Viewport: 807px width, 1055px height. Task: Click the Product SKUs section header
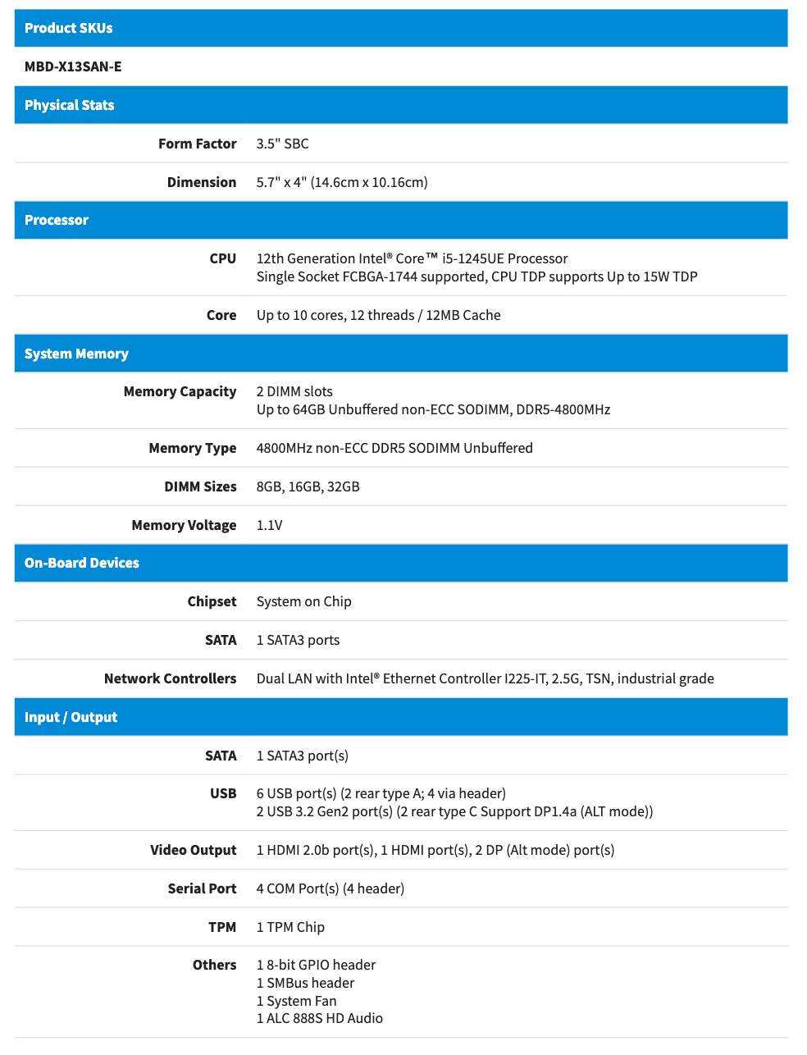tap(69, 28)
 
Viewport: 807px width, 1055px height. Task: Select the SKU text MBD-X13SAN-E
tap(73, 66)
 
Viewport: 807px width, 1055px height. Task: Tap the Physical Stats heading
tap(70, 105)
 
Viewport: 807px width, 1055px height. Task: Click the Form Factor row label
tap(197, 144)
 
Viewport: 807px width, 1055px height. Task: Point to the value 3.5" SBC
tap(282, 144)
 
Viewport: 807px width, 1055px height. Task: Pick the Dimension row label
tap(201, 182)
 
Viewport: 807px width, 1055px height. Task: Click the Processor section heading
tap(57, 220)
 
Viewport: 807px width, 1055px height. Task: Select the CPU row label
tap(222, 258)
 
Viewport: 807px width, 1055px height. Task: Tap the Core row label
tap(221, 315)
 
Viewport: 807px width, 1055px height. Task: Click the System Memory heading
tap(76, 354)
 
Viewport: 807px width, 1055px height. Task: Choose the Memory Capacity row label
tap(180, 391)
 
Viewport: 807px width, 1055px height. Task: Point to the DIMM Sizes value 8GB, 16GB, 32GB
tap(308, 486)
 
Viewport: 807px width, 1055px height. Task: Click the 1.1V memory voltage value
tap(269, 525)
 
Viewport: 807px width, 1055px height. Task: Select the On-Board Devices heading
tap(82, 563)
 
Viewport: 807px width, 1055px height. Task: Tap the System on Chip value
tap(303, 601)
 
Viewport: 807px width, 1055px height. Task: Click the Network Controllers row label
tap(170, 678)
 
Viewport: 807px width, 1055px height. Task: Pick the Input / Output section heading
tap(71, 717)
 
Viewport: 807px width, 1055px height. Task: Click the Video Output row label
tap(193, 850)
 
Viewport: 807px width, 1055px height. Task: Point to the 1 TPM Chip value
tap(290, 927)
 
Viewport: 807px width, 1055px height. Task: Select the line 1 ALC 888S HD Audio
tap(319, 1018)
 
